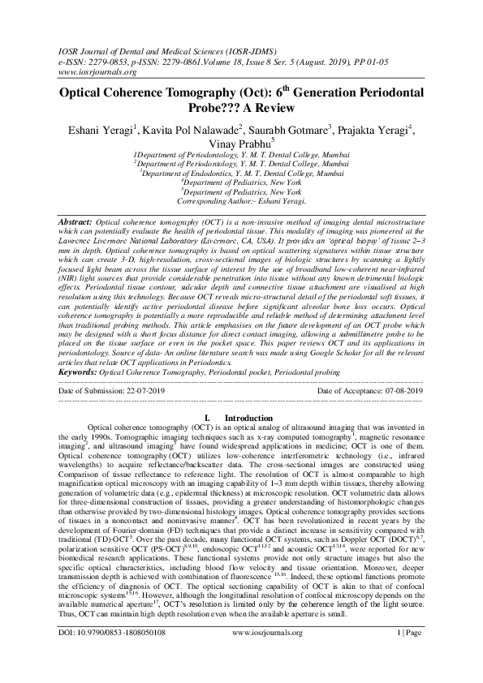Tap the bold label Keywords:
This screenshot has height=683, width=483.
pos(80,371)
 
